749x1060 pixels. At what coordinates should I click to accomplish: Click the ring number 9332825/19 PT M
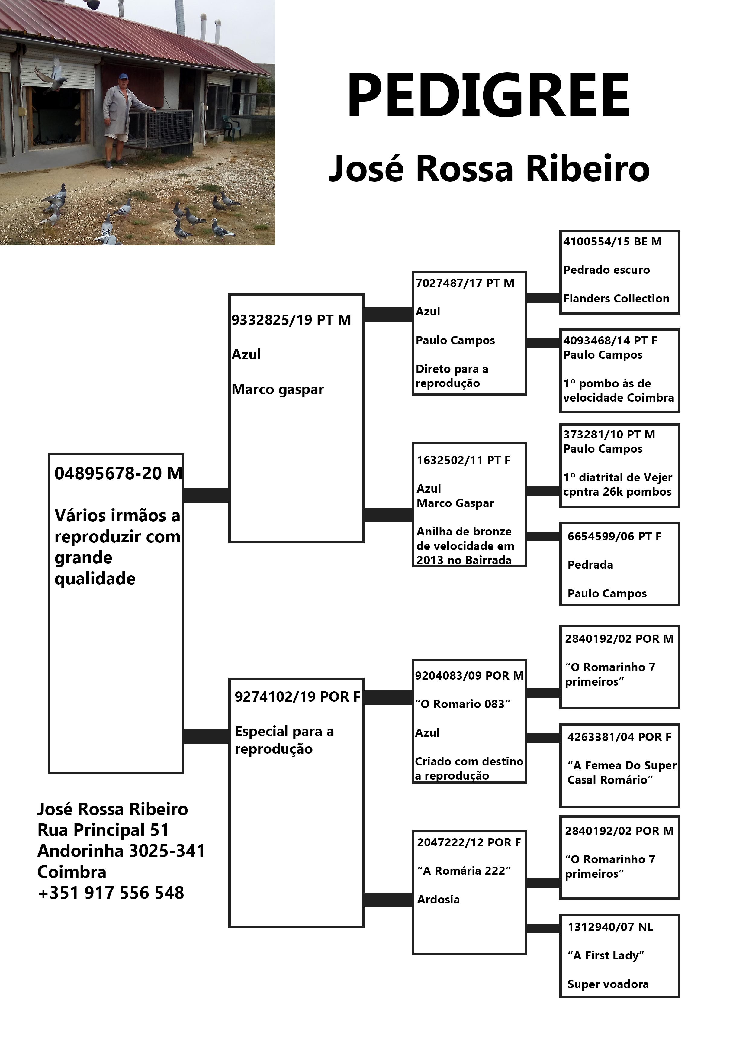[291, 320]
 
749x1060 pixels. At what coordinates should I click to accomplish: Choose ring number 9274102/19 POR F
[297, 697]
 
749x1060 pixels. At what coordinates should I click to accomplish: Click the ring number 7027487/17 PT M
[465, 283]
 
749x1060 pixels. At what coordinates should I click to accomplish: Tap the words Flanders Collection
[616, 299]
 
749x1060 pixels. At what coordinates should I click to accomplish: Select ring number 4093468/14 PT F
[610, 341]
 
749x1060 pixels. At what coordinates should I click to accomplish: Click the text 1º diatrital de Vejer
[618, 477]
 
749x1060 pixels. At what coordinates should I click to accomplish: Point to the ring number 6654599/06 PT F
[614, 536]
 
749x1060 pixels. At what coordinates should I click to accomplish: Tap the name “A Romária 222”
[464, 871]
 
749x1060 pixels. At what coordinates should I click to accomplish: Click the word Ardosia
[439, 899]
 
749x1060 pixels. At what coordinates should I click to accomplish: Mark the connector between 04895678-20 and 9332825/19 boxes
[206, 495]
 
